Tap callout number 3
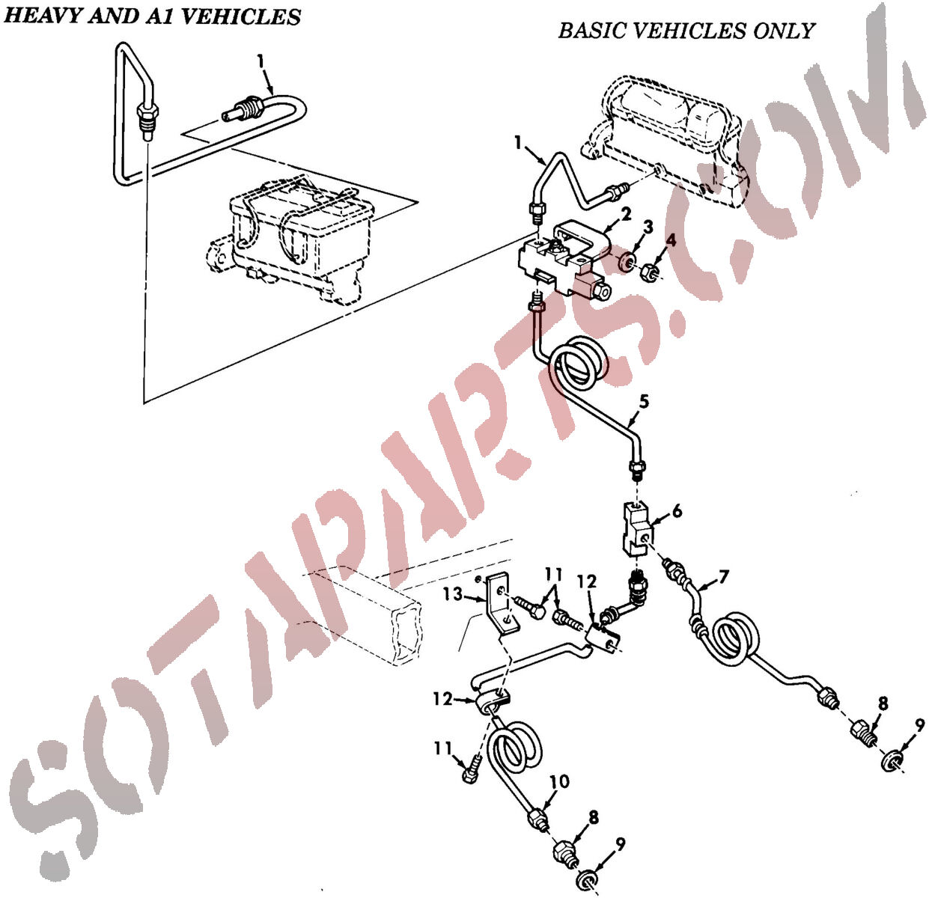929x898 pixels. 647,227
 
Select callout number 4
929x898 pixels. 671,240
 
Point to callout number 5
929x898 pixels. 644,402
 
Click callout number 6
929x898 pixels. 677,511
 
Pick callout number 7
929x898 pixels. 724,577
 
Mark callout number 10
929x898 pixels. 559,781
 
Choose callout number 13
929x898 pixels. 452,594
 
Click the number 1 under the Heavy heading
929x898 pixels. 261,61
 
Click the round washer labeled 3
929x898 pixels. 624,263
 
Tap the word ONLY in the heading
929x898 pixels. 783,31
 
